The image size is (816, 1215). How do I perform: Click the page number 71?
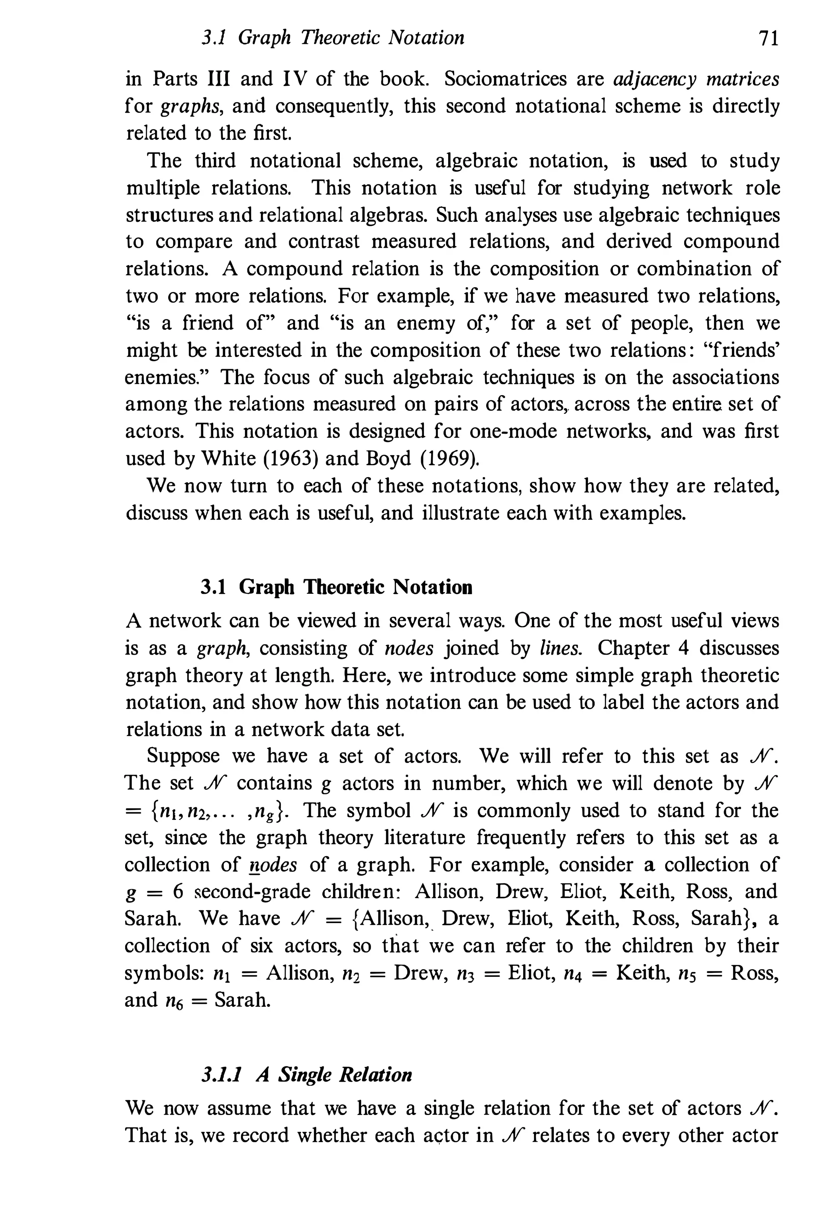(768, 39)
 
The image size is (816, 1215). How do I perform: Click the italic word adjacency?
(655, 79)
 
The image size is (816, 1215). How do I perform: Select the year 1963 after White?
(288, 458)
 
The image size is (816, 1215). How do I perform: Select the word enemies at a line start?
(163, 377)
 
